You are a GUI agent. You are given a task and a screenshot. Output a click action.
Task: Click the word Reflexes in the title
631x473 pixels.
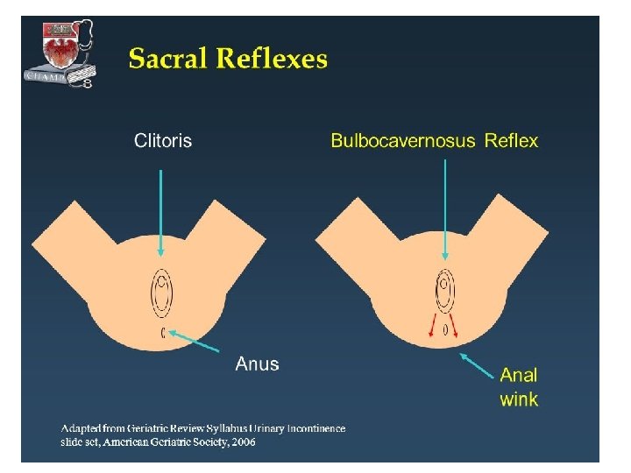tap(273, 60)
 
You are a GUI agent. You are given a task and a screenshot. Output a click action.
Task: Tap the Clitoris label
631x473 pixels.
tap(162, 140)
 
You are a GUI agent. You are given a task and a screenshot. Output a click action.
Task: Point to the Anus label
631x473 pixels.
tap(257, 364)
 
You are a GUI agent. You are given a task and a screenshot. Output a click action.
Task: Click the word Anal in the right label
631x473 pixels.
tap(519, 375)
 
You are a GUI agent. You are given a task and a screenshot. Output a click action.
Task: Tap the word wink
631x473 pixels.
tap(519, 399)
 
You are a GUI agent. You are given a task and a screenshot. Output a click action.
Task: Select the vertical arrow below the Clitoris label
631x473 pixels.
tap(161, 210)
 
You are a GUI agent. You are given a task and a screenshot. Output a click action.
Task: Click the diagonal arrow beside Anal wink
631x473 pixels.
tap(477, 364)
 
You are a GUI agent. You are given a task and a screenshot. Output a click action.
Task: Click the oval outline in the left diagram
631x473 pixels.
tap(163, 293)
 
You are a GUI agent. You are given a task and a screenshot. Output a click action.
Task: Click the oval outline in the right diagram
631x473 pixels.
tap(446, 293)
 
